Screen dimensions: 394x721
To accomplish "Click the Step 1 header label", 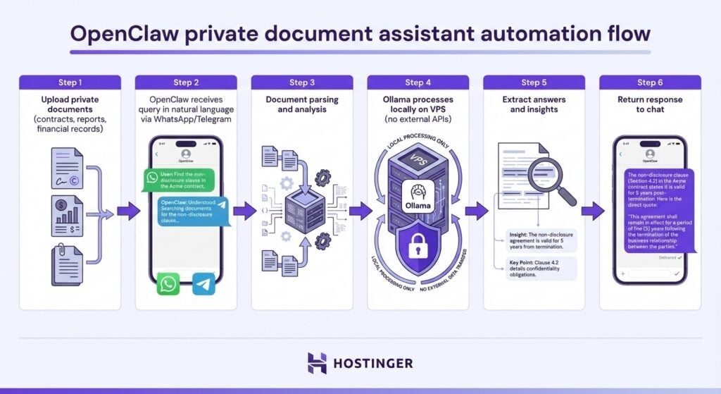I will coord(70,82).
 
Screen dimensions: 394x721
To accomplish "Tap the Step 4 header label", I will coord(418,82).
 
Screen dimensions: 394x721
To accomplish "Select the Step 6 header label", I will coord(650,82).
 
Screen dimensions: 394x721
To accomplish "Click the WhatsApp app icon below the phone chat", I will coord(168,284).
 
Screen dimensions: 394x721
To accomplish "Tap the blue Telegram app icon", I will coord(203,284).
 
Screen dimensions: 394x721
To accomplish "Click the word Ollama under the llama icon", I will coord(418,206).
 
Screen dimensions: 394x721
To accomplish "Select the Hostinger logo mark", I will coord(318,363).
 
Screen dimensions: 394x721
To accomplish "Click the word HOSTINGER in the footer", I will coord(374,364).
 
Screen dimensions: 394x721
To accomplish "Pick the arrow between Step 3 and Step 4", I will coord(360,210).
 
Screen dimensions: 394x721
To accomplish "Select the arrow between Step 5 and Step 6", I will coord(592,210).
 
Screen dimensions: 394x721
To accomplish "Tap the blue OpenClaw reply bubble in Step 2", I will coord(192,210).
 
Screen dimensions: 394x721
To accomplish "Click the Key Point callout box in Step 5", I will coord(541,269).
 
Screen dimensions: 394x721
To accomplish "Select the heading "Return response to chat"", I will coord(650,104).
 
